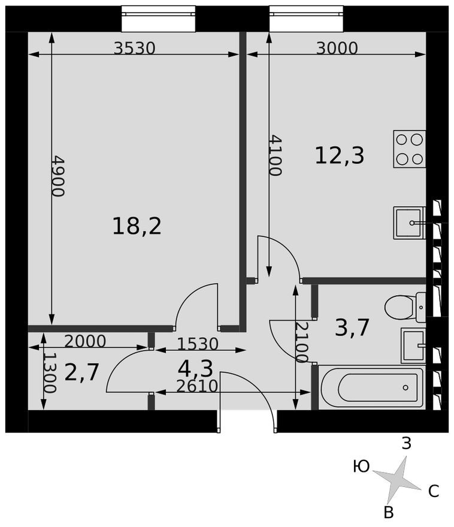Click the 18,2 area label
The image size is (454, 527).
point(137,226)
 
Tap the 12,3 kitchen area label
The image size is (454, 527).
point(339,156)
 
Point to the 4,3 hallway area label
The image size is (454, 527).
point(196,367)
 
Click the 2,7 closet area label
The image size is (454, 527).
point(81,372)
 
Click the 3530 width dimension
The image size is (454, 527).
point(134,48)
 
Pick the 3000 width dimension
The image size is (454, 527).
point(337,48)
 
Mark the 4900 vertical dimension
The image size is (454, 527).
point(58,176)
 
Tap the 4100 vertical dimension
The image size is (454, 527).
point(275,155)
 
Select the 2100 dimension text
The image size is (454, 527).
point(302,342)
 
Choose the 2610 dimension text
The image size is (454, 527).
point(197,386)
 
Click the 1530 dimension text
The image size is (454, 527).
point(198,344)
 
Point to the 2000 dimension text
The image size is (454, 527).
point(84,341)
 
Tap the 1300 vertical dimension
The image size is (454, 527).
point(50,373)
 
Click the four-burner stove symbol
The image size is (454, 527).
point(409,149)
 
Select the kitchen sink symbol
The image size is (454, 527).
point(410,222)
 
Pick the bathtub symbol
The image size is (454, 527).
point(373,387)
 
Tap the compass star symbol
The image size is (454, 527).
point(397,479)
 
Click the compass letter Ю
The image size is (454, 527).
point(361,467)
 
